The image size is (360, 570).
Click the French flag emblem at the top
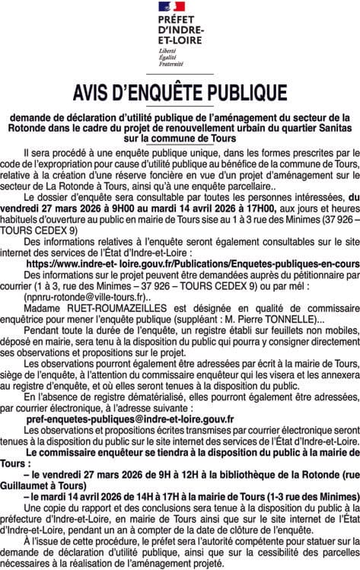coord(177,7)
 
